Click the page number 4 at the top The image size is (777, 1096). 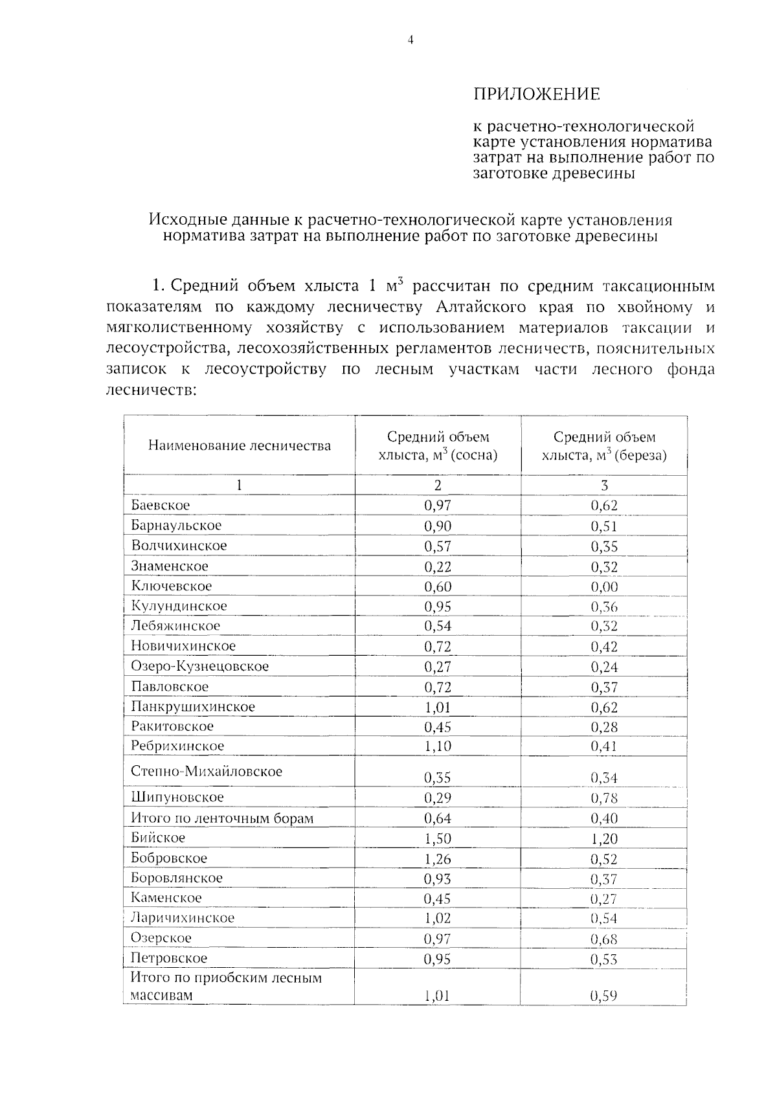click(410, 40)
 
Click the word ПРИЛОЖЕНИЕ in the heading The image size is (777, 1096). click(537, 95)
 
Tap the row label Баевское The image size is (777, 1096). click(160, 505)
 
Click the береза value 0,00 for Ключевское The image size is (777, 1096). click(603, 587)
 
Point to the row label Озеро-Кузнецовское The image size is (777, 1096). click(199, 666)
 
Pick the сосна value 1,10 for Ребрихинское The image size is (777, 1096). click(438, 746)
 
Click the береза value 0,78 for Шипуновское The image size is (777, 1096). click(603, 798)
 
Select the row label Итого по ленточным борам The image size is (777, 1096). click(222, 818)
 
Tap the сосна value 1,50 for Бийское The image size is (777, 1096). click(438, 838)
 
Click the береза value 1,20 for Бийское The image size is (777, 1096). click(603, 839)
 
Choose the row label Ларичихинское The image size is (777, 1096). click(183, 918)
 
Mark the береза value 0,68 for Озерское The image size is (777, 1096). click(603, 939)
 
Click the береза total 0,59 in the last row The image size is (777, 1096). click(603, 996)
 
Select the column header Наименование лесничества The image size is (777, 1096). click(239, 445)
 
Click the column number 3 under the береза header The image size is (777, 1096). click(603, 486)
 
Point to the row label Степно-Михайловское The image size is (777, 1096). click(206, 772)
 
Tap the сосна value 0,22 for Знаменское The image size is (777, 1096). click(438, 566)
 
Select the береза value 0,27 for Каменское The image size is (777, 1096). click(603, 899)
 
